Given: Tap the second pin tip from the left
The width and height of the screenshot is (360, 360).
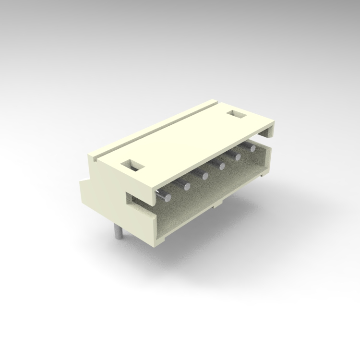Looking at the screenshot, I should click(187, 186).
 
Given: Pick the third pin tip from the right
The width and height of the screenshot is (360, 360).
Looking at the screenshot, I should click(222, 167).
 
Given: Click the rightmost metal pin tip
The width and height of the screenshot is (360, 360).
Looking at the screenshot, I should click(252, 148).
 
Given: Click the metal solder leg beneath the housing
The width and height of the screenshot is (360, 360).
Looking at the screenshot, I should click(117, 232).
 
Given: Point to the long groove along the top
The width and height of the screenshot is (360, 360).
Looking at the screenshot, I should click(158, 132).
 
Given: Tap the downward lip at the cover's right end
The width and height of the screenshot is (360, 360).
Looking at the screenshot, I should click(272, 130).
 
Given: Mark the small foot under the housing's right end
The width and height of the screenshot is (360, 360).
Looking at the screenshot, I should click(263, 175).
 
